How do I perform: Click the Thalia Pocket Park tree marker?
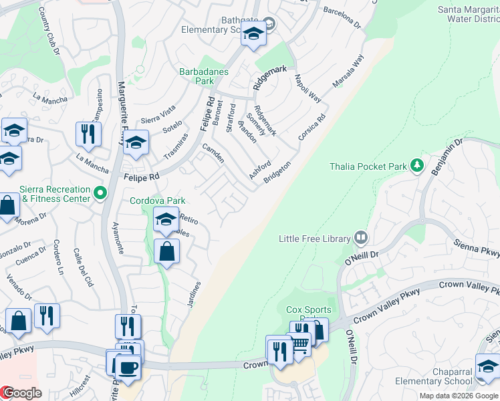point(417,164)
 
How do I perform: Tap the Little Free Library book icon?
point(361,237)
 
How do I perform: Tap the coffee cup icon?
point(127,366)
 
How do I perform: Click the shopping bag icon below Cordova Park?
point(166,252)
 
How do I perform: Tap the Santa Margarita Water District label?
point(468,15)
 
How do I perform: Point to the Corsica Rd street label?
point(311,127)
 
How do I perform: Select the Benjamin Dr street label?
point(447,158)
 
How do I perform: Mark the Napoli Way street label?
point(307,88)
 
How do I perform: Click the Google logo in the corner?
point(21,393)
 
